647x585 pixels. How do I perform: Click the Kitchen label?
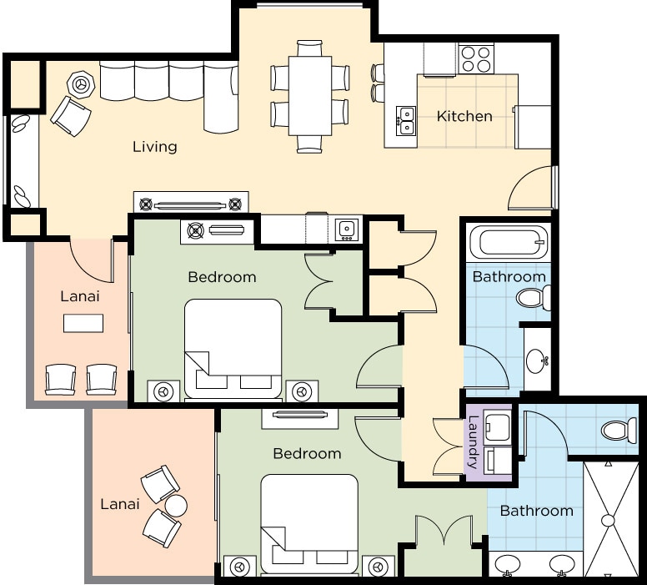click(464, 116)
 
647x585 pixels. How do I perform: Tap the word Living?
click(155, 147)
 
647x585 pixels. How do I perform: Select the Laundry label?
click(473, 442)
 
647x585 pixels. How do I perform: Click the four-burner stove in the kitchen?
click(477, 59)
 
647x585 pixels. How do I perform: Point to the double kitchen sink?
click(405, 121)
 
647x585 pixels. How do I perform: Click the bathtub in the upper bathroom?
click(509, 243)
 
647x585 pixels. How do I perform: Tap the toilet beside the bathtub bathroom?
click(534, 297)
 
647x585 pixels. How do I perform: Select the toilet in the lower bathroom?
click(619, 431)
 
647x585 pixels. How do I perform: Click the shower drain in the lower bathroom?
click(608, 520)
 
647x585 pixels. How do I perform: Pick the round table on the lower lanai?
click(176, 505)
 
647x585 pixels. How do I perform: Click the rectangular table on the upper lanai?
click(83, 323)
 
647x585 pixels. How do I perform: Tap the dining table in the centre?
click(310, 96)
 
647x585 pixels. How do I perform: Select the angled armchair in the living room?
click(71, 116)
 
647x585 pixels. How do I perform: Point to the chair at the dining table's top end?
click(309, 48)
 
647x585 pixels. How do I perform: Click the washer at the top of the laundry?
click(498, 426)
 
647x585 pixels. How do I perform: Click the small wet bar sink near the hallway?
click(347, 229)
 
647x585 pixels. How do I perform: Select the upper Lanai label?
click(80, 296)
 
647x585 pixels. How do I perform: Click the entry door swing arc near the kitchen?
click(521, 179)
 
